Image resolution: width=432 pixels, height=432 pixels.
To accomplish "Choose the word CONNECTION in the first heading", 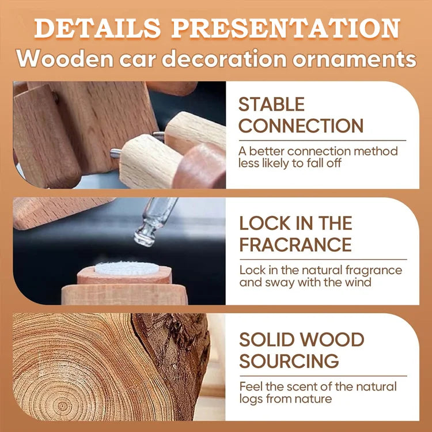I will pos(301,126).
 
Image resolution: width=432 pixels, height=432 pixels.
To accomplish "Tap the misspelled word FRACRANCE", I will pos(295,244).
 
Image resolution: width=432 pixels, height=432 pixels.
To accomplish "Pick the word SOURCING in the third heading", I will pos(289,361).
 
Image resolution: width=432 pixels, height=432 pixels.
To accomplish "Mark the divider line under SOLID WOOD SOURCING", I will pos(323,376).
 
